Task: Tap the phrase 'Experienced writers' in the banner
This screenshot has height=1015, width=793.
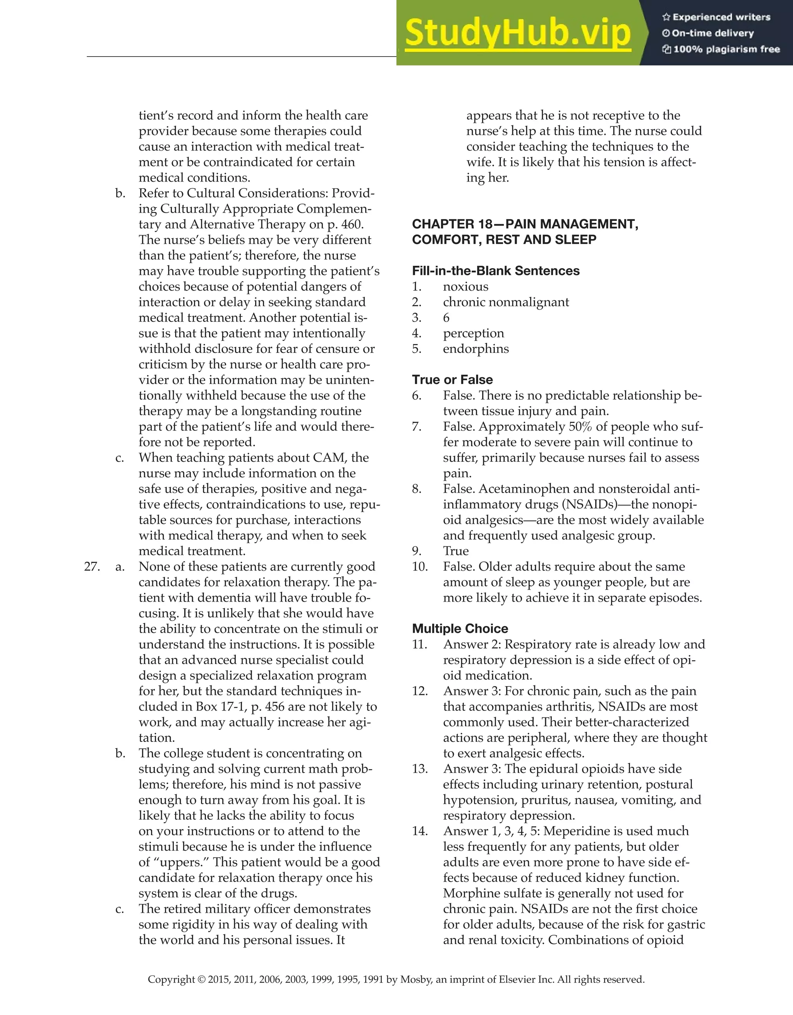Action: click(721, 17)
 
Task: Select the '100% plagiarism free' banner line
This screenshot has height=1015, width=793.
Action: click(726, 49)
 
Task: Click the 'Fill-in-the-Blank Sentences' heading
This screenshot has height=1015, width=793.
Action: click(496, 271)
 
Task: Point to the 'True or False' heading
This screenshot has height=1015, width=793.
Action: click(452, 380)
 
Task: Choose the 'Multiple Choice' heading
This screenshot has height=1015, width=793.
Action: click(460, 629)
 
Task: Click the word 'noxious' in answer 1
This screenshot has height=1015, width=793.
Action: click(465, 287)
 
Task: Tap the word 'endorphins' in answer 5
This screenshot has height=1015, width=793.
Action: click(476, 349)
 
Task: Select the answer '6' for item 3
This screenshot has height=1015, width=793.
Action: click(446, 318)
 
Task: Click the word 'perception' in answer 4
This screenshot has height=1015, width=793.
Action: click(474, 334)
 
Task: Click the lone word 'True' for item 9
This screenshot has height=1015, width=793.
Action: click(456, 551)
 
